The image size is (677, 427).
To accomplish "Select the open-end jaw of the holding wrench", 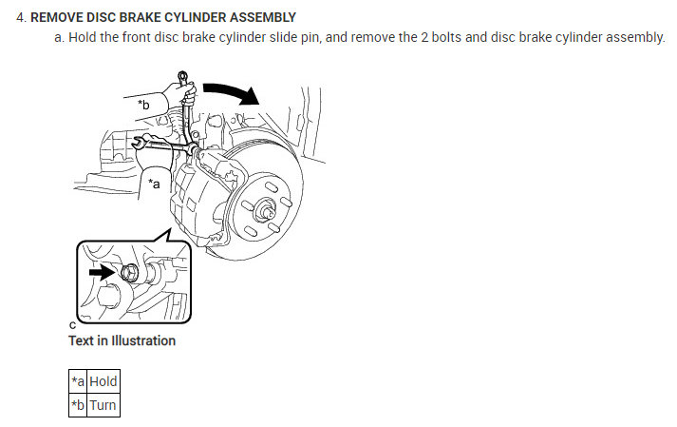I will (139, 144).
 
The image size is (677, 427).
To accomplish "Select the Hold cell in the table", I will (103, 381).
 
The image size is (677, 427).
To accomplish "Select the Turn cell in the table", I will (103, 404).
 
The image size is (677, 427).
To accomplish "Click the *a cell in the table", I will (77, 381).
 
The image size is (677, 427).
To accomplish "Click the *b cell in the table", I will (77, 404).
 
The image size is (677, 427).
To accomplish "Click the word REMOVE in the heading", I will (59, 17).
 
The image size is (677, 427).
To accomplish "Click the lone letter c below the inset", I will (72, 324).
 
